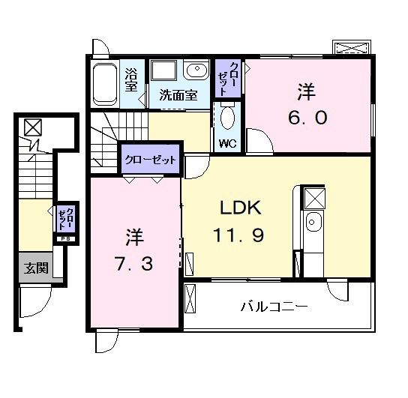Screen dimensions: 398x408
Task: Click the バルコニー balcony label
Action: click(274, 307)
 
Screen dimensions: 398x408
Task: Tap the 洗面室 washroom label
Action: click(178, 95)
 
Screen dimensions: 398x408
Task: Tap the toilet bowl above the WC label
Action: click(228, 118)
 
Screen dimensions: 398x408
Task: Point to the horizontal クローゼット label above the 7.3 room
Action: click(150, 160)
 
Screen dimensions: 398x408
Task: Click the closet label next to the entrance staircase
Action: click(64, 218)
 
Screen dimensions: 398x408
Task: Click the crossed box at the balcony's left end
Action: click(190, 298)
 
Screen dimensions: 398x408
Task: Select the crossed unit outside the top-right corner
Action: click(352, 47)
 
